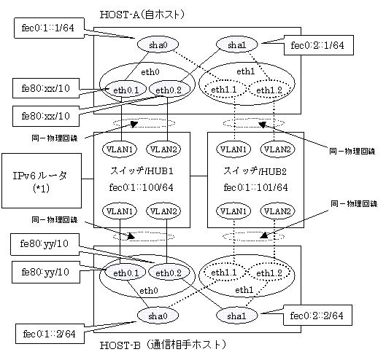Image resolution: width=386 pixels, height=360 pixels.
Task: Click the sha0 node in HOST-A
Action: (x=158, y=44)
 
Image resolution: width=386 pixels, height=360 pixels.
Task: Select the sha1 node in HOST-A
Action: (x=237, y=44)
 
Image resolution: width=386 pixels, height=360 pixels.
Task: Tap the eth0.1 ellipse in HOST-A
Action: (x=126, y=90)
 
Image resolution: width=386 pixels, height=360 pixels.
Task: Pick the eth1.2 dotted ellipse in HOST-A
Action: (x=269, y=90)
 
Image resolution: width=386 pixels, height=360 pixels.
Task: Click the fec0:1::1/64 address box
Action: (x=49, y=28)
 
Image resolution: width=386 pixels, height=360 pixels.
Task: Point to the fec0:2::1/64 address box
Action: (x=319, y=45)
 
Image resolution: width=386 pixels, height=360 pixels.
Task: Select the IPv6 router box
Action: (x=42, y=181)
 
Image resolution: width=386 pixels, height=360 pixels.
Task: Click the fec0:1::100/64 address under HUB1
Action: (x=142, y=187)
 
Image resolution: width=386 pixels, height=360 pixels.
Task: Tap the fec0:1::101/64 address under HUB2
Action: (x=255, y=187)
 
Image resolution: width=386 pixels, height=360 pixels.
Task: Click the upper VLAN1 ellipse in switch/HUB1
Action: (x=120, y=149)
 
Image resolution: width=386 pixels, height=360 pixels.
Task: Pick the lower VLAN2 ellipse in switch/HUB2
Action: (x=277, y=211)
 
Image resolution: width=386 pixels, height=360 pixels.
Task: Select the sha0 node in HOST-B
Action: (x=158, y=316)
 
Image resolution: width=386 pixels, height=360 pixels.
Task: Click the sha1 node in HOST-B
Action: (x=237, y=316)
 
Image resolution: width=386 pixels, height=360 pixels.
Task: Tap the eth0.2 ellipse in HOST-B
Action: (x=169, y=273)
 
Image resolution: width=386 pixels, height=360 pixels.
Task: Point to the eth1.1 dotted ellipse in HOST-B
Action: (x=224, y=273)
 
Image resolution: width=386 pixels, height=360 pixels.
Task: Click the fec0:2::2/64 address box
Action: (x=317, y=316)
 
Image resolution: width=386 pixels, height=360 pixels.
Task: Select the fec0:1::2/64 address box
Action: (x=50, y=334)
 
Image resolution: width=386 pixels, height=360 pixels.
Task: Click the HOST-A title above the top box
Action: (x=142, y=15)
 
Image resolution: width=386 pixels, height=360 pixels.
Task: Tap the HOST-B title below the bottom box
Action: (x=163, y=345)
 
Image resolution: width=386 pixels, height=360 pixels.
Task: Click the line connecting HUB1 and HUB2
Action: (x=199, y=176)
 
